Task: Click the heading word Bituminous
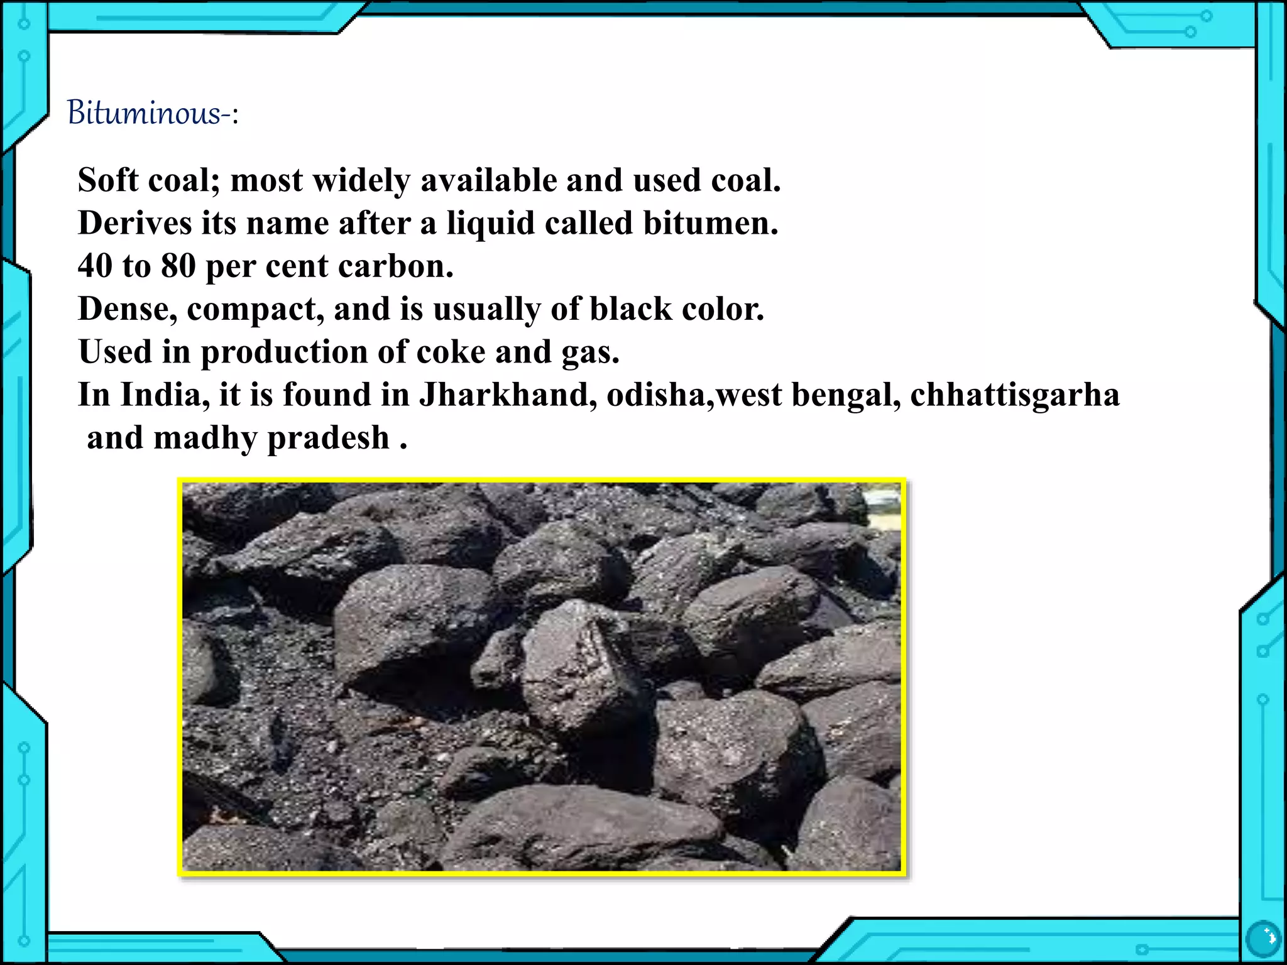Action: point(144,114)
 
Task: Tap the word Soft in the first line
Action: point(107,180)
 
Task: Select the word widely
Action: point(361,180)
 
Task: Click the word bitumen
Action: point(710,223)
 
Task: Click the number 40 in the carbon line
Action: point(95,266)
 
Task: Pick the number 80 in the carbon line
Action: point(178,266)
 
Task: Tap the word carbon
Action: point(395,266)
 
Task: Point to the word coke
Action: point(451,352)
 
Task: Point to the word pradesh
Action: point(329,439)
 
